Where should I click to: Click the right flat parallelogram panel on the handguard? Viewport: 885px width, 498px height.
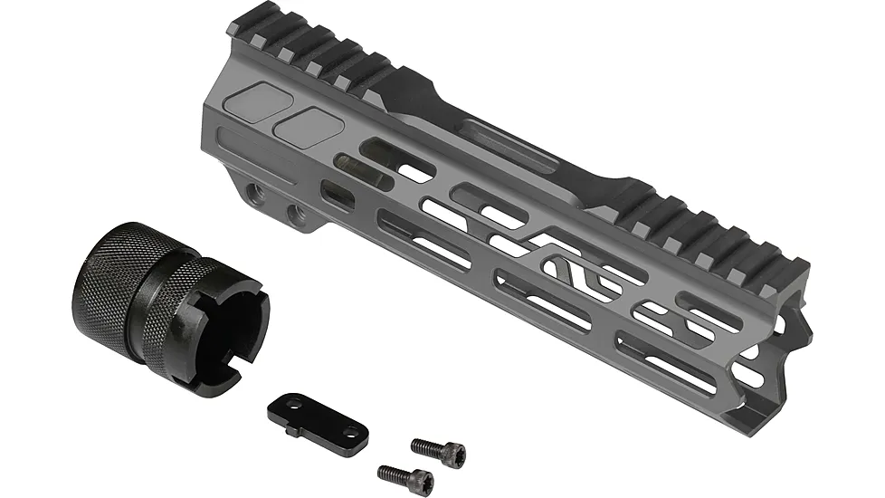[x=309, y=127]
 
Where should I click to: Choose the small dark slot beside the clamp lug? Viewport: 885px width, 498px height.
[x=337, y=193]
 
